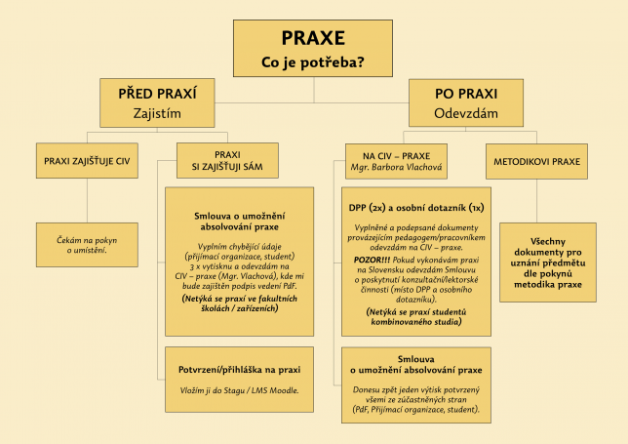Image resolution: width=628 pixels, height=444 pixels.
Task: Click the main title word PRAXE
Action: tap(313, 38)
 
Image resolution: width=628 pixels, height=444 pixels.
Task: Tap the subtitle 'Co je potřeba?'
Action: tap(313, 62)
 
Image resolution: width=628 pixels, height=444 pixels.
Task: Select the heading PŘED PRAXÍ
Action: tap(157, 94)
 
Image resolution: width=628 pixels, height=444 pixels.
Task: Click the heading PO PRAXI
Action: tap(466, 94)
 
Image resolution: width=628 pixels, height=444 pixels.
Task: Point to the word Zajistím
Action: tap(157, 113)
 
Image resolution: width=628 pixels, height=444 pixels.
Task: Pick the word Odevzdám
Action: tap(466, 113)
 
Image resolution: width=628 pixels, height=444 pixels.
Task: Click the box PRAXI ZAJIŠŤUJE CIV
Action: tap(87, 161)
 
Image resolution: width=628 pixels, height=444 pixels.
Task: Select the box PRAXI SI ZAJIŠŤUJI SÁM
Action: tap(227, 161)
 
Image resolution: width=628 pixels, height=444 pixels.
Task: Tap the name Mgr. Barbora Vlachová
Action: tap(396, 167)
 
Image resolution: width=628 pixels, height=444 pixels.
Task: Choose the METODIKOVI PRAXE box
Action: tap(536, 161)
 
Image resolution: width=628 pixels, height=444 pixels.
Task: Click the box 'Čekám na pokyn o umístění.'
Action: tap(87, 245)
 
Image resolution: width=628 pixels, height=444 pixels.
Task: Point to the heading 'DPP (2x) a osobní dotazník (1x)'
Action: tap(416, 208)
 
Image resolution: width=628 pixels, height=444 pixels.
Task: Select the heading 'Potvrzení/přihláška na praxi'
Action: tap(239, 370)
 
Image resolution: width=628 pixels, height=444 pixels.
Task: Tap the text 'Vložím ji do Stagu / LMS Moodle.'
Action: tap(239, 390)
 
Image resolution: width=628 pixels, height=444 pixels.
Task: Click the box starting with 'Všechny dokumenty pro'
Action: tap(548, 262)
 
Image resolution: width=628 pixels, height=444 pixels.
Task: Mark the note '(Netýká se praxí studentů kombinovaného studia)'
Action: tap(416, 316)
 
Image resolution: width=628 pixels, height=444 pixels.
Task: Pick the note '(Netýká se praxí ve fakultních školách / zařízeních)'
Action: tap(239, 303)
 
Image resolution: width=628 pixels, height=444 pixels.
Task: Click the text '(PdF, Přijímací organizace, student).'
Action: tap(416, 410)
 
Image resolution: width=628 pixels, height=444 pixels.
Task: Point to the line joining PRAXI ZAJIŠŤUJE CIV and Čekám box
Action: tap(87, 201)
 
